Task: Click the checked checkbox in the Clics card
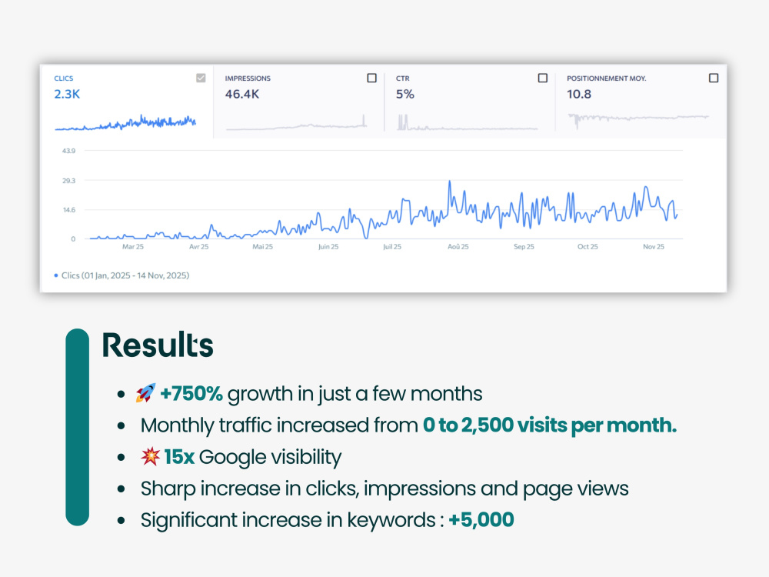click(x=201, y=78)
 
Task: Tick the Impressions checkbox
click(x=371, y=78)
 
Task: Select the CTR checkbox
click(x=542, y=78)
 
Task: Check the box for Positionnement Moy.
click(x=714, y=78)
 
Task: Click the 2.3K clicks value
click(x=67, y=94)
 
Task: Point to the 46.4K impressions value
click(x=241, y=94)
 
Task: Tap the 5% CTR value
click(x=405, y=94)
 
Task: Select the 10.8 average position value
click(x=579, y=94)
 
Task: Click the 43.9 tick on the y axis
click(x=68, y=151)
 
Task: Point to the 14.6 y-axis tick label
click(x=69, y=210)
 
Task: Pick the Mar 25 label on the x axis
click(x=133, y=247)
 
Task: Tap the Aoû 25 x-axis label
click(x=458, y=247)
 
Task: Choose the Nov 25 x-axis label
click(x=653, y=247)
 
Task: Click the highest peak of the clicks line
click(x=449, y=182)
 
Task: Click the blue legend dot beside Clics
click(x=56, y=275)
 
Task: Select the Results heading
click(x=158, y=345)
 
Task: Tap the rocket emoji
click(x=145, y=393)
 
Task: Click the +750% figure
click(x=191, y=393)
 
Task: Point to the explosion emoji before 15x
click(x=150, y=456)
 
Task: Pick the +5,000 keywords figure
click(x=481, y=519)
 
